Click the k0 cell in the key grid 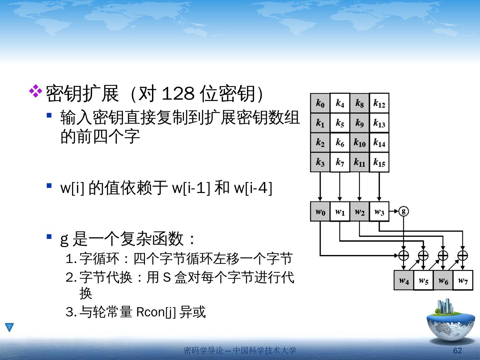[320, 103]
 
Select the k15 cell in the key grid [379, 162]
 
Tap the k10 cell [359, 143]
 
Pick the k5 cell [340, 123]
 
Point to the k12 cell [379, 103]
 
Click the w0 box [320, 211]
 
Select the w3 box [379, 211]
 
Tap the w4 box [404, 280]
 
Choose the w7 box [463, 280]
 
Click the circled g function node [404, 211]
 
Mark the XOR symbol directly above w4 [404, 255]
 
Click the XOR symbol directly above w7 [463, 255]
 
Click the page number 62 [457, 350]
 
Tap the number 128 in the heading [178, 94]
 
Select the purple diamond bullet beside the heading [36, 91]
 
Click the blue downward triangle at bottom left [9, 327]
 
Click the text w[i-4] [253, 188]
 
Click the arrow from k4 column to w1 [340, 187]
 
